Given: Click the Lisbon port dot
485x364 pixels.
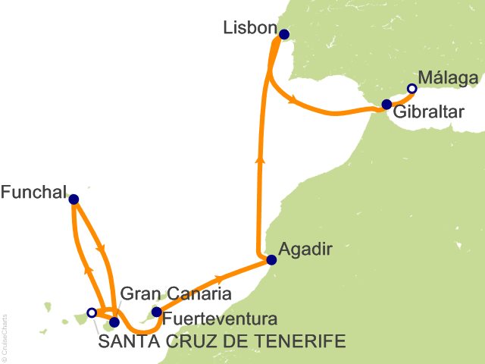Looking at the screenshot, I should (x=284, y=34).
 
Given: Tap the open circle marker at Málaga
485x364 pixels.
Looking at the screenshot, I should (x=411, y=89).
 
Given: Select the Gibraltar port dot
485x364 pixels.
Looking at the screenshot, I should (x=386, y=105).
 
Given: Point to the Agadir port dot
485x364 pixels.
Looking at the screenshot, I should (x=271, y=260).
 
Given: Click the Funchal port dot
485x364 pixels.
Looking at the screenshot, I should (x=74, y=199).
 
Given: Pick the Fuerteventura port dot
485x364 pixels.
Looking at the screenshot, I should (x=156, y=312).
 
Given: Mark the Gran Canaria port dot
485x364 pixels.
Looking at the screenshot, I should (x=114, y=322).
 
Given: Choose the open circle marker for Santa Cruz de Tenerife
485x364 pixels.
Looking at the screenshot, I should (x=92, y=312).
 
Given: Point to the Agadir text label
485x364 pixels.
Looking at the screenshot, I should (x=305, y=247).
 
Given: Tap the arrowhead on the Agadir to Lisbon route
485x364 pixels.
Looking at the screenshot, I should (x=260, y=159).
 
